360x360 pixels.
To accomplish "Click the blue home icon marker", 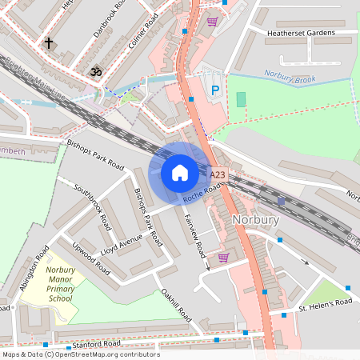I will coord(180,172).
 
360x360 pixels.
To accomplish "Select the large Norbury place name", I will coord(255,219).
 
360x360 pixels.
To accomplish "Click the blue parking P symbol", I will coord(214,92).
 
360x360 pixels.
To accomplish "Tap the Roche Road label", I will coord(201,193).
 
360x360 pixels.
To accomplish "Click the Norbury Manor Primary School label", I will coord(60,285).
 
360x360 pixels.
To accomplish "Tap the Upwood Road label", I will coord(90,256).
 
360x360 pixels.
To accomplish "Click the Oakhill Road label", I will coord(176,306).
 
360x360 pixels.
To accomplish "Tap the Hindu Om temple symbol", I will coord(95,72).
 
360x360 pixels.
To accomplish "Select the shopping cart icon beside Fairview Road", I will coord(223,257).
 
